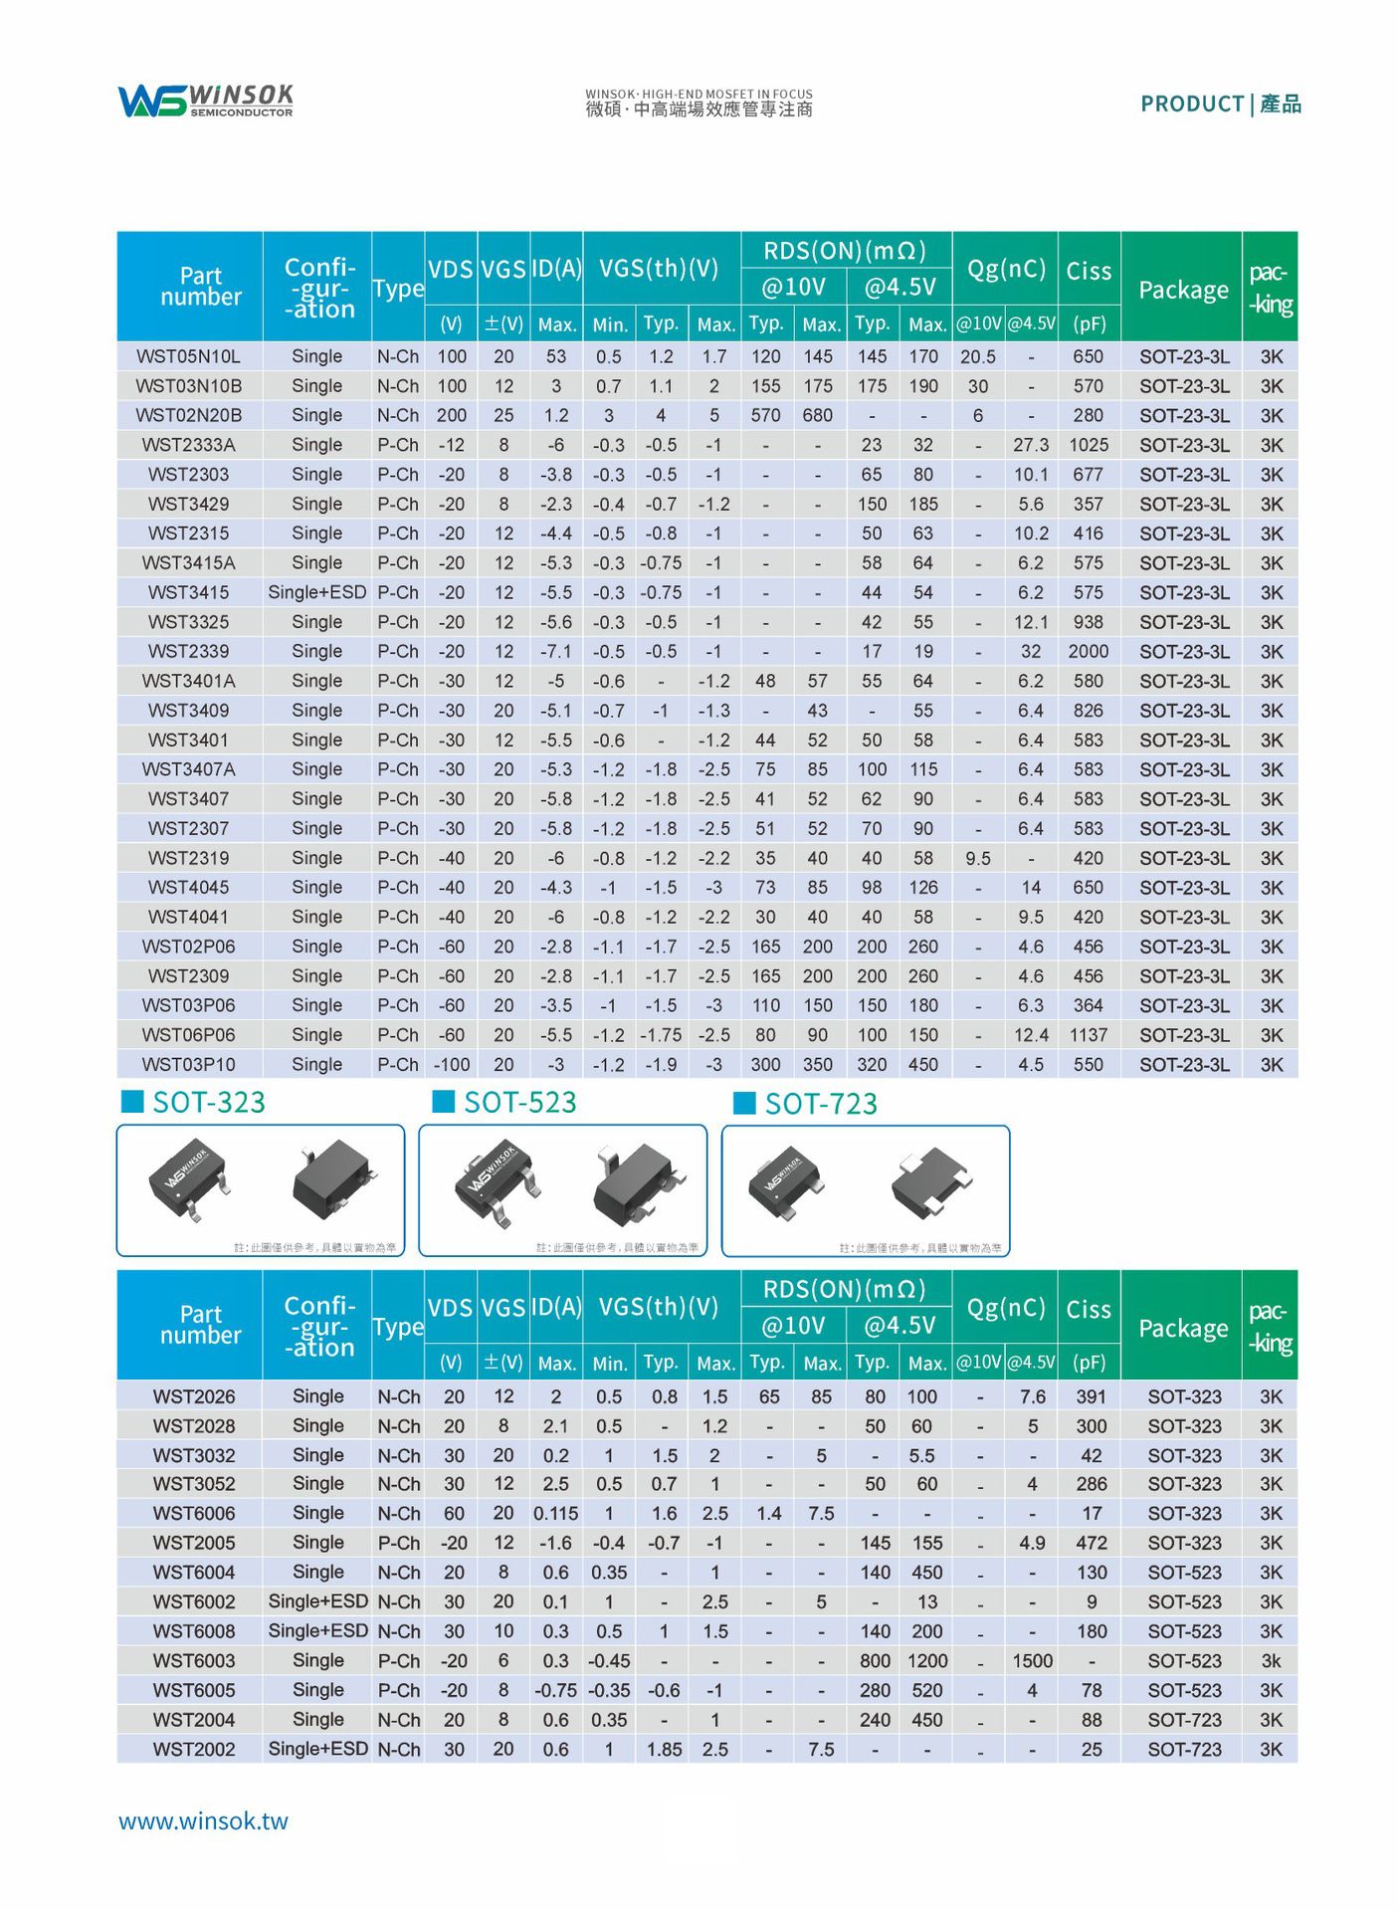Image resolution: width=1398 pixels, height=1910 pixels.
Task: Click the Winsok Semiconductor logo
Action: click(x=205, y=101)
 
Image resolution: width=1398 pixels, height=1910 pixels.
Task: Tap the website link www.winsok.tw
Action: click(x=203, y=1820)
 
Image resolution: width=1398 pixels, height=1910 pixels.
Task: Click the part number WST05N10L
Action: click(x=188, y=356)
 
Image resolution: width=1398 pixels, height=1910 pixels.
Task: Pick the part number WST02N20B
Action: click(x=188, y=415)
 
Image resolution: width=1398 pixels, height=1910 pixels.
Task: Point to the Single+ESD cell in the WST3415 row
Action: click(x=316, y=592)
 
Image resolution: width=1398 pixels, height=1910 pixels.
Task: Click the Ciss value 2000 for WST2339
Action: click(x=1088, y=651)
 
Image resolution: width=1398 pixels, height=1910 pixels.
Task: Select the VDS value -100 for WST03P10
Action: click(x=451, y=1064)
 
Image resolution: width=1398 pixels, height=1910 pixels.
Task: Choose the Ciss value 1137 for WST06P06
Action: click(x=1088, y=1035)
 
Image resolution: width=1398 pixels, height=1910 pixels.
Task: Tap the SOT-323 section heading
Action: click(x=208, y=1102)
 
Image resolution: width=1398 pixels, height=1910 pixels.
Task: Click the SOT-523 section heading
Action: click(x=519, y=1102)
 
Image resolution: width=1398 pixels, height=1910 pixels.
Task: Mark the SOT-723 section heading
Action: click(x=820, y=1104)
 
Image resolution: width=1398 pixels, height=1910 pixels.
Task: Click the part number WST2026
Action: click(x=194, y=1396)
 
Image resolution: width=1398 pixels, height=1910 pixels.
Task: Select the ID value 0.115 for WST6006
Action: click(x=555, y=1513)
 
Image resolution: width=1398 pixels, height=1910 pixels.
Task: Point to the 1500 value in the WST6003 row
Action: click(x=1032, y=1660)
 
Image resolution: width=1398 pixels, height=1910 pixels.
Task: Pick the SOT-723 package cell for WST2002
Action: click(x=1183, y=1749)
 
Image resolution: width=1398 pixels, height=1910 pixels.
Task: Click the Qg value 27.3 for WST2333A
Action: click(x=1031, y=445)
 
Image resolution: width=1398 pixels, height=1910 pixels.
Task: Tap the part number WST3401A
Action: click(x=188, y=681)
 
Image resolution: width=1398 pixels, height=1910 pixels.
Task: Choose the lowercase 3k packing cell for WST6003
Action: click(x=1271, y=1660)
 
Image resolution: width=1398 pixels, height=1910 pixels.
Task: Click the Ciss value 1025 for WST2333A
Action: click(x=1088, y=445)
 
